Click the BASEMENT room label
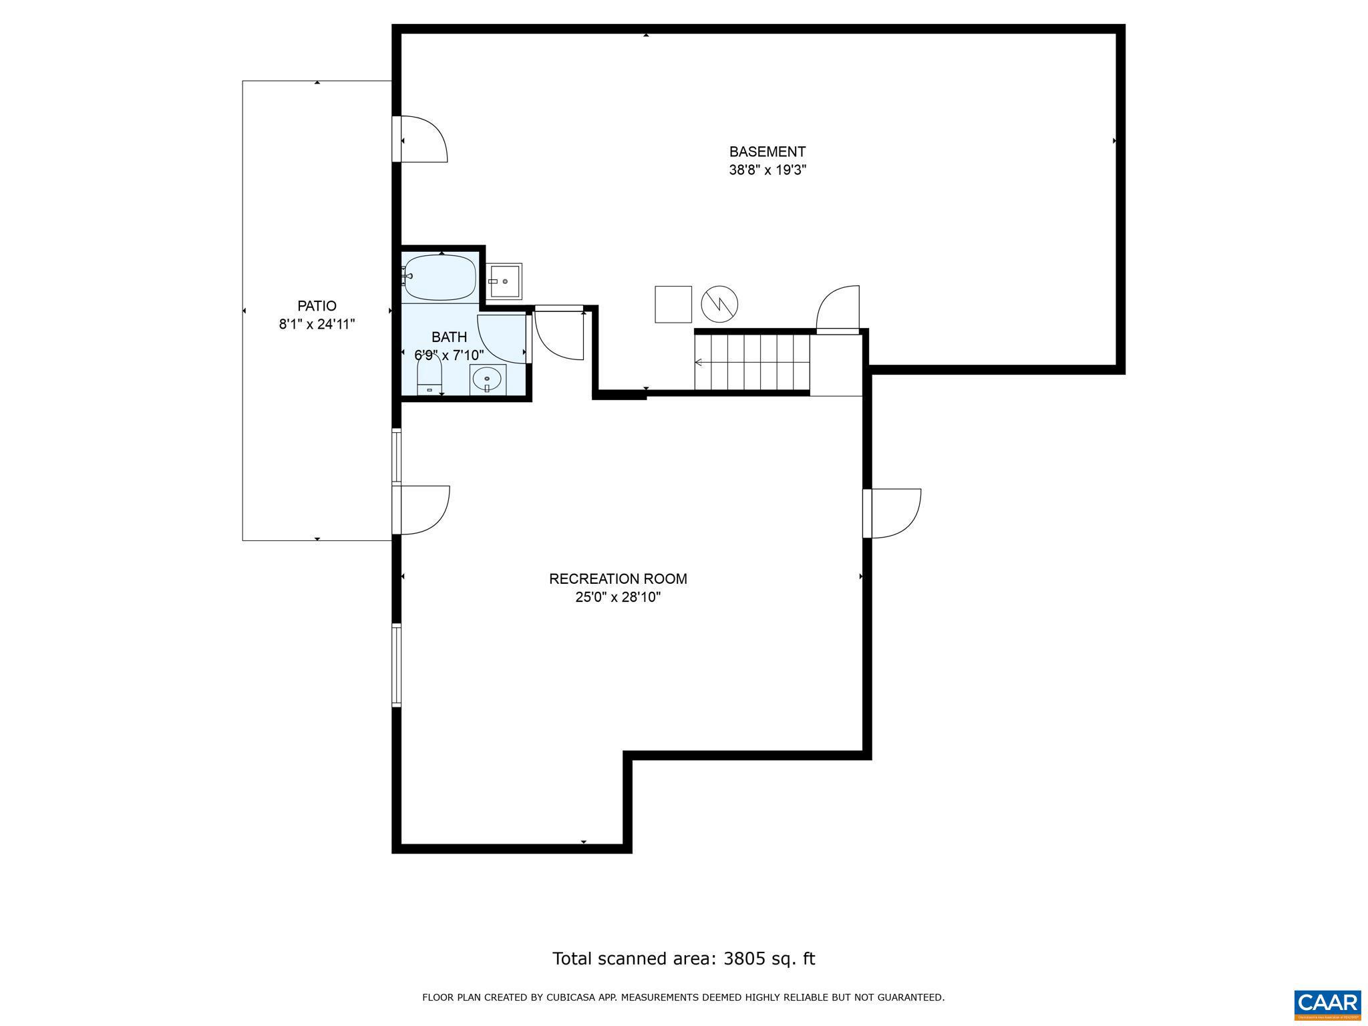click(x=767, y=152)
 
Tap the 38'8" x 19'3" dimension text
click(x=767, y=170)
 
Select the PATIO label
click(x=317, y=306)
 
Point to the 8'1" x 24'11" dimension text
click(x=317, y=325)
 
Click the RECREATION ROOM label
click(x=618, y=579)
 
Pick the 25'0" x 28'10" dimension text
click(x=618, y=597)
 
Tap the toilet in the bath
click(x=429, y=376)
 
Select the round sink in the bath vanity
click(x=487, y=380)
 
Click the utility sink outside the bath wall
click(x=504, y=281)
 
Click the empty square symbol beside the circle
click(x=673, y=305)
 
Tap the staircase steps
click(x=751, y=363)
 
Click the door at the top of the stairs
click(x=838, y=309)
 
